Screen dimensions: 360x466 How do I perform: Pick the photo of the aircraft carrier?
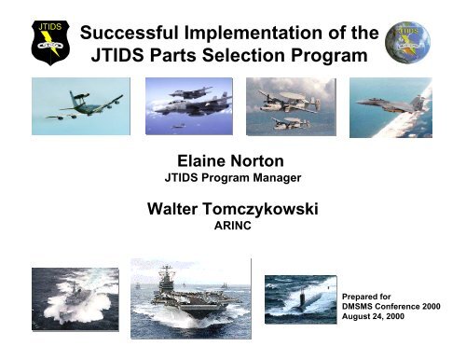coord(189,298)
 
